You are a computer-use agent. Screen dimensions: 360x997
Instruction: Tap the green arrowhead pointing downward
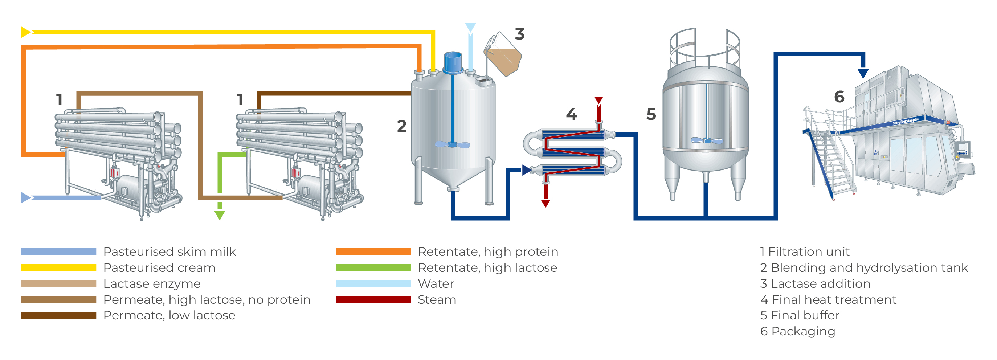click(220, 215)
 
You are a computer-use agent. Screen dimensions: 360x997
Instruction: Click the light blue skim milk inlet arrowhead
click(25, 197)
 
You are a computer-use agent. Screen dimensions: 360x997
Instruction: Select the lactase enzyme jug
click(503, 56)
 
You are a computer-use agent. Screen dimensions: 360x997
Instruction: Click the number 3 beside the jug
click(519, 34)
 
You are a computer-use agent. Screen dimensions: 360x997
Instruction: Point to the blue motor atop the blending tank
click(453, 62)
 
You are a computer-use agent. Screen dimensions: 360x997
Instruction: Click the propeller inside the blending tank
click(452, 144)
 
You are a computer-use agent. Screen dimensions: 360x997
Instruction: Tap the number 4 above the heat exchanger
click(571, 114)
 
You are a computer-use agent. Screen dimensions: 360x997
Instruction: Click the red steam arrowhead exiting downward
click(546, 204)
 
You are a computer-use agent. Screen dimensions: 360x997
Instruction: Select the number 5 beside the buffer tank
click(651, 114)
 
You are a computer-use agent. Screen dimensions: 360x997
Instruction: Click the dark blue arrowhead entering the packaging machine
click(863, 73)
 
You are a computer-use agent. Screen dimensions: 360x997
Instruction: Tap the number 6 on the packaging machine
click(839, 97)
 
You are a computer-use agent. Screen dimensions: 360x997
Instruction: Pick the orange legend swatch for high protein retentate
click(373, 251)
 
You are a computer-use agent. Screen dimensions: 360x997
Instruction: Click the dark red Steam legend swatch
click(373, 299)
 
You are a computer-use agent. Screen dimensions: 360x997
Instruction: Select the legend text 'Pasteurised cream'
click(159, 267)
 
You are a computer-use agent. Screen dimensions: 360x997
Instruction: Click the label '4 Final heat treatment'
click(828, 299)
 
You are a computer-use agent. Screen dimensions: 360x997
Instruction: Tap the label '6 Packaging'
click(797, 331)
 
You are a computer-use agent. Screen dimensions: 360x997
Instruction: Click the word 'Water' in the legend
click(436, 283)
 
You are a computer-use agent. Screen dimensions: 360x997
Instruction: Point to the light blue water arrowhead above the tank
click(470, 27)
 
